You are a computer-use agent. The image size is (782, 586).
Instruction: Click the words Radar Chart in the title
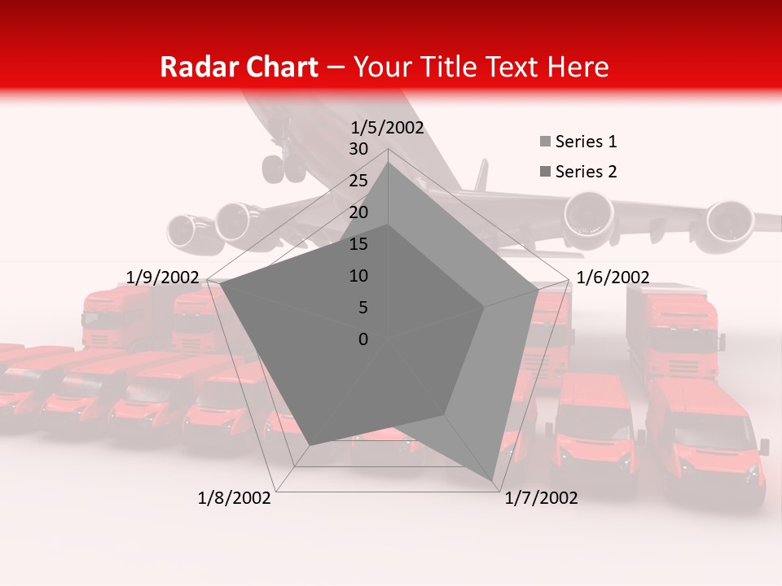click(x=239, y=67)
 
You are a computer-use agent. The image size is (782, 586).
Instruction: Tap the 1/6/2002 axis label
click(x=613, y=278)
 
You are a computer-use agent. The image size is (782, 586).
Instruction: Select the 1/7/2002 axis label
click(x=541, y=498)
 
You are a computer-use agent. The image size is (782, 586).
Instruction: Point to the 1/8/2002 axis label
click(x=235, y=498)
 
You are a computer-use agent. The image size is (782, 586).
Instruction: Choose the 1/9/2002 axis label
click(x=163, y=278)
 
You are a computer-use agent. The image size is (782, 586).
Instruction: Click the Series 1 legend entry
click(x=585, y=142)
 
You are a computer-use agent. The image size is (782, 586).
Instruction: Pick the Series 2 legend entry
click(x=585, y=172)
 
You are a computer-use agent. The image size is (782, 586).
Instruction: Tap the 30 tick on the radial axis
click(x=358, y=149)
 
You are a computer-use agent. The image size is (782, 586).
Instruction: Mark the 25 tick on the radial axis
click(x=358, y=181)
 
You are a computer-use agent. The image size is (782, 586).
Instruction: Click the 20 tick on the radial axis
click(x=358, y=212)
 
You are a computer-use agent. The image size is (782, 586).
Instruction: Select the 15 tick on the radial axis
click(x=358, y=244)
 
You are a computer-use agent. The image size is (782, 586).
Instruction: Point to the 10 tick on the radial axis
click(x=358, y=276)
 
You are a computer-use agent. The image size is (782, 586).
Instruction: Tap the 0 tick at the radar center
click(x=363, y=339)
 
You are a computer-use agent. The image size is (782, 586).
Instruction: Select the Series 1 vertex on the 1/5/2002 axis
click(x=388, y=163)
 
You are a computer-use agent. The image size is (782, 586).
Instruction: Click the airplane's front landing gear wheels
click(x=283, y=169)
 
